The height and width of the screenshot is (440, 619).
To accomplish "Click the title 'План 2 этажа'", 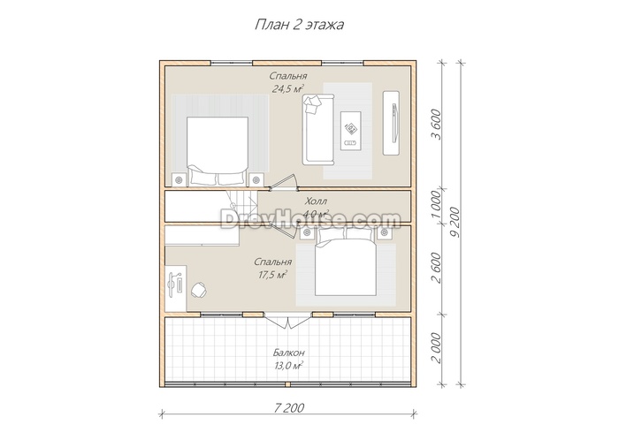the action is pos(299,25).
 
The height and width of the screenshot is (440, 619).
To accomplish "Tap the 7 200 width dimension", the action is pos(288,407).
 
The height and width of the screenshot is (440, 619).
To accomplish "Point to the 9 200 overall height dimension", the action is pos(455,222).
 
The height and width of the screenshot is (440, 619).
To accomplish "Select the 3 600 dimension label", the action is pos(436,125).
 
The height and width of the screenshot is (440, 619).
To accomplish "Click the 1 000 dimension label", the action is pos(436,205).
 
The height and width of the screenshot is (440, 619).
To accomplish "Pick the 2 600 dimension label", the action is pos(436,268).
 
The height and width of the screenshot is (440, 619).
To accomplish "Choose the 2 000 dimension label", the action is pos(436,348).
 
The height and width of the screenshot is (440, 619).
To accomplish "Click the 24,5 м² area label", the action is pos(287,88).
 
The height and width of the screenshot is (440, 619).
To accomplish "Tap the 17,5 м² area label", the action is pos(272,275).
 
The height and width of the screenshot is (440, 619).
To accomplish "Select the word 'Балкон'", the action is pos(288,353).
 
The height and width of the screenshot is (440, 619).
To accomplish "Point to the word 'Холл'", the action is pos(316,201).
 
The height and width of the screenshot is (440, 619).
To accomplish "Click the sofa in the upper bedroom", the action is pos(318,129).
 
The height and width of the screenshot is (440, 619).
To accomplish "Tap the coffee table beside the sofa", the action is pos(351,131).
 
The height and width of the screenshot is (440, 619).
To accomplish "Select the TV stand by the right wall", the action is pos(391,123).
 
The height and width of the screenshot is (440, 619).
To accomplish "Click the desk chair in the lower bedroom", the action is pos(199,290).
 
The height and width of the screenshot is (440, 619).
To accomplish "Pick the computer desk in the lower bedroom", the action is pos(176,288).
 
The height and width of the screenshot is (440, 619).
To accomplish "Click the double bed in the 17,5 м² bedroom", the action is pos(346,262).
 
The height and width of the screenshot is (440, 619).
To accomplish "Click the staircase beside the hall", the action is pos(241,206).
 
